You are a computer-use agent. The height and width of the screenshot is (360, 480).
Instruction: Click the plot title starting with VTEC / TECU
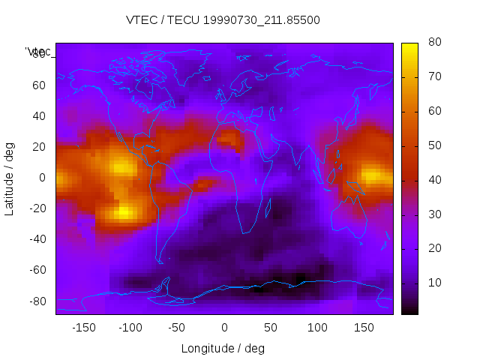pos(223,20)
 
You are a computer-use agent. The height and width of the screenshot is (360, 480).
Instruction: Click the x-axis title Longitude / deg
pos(223,348)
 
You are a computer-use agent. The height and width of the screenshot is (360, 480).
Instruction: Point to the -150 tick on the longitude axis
pos(84,328)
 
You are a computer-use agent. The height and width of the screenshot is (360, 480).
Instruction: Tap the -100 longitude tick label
pos(130,328)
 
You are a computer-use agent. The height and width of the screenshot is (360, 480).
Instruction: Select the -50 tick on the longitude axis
pos(178,328)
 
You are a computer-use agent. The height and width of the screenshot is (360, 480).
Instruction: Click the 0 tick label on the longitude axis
pos(224,328)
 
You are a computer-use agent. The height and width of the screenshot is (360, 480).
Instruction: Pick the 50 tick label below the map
pos(271,328)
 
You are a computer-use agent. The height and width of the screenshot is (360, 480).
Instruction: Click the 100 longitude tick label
pos(317,328)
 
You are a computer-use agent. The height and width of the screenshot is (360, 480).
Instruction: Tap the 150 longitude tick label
pos(364,328)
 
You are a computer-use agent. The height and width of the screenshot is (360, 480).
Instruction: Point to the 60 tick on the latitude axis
pos(38,85)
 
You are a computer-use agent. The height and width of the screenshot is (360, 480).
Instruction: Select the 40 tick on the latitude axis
pos(38,115)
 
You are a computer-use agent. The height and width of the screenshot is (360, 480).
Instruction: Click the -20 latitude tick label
pos(36,208)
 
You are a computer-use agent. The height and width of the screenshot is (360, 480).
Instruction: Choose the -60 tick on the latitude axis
pos(36,270)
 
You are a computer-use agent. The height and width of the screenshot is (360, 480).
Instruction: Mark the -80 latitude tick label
pos(36,301)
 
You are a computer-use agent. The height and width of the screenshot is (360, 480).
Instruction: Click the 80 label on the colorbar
pos(433,43)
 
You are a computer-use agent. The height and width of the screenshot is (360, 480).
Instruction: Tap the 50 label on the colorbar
pos(433,145)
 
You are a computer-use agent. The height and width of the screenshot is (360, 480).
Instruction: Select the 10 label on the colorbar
pos(433,282)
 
